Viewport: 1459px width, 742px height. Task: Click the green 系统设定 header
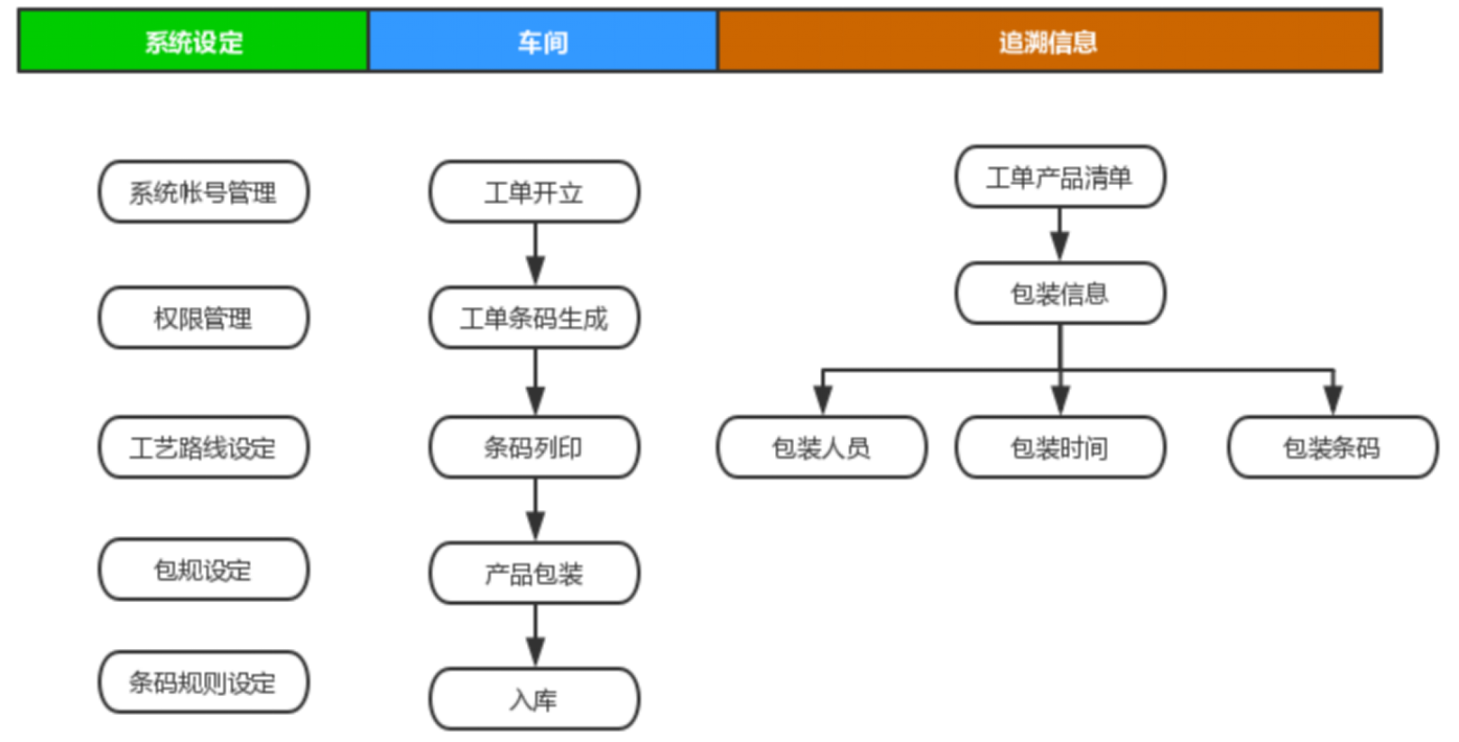(193, 42)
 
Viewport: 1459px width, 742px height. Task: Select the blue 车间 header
(542, 42)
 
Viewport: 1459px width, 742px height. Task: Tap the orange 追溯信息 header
(1048, 42)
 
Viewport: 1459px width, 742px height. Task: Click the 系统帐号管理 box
(203, 191)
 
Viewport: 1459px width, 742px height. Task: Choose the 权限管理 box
(203, 318)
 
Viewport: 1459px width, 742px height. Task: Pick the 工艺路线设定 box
(203, 447)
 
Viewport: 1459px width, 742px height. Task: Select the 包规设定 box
(203, 570)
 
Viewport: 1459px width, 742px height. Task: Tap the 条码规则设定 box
(203, 682)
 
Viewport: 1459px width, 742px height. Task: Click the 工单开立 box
(534, 191)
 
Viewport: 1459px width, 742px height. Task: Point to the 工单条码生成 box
(534, 318)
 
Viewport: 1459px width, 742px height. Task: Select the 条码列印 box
(534, 447)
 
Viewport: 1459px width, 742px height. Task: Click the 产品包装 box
(534, 573)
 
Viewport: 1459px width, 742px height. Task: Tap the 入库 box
(534, 699)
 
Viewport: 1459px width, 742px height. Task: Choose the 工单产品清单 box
(1059, 177)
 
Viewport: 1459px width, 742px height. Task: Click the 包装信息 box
(1059, 293)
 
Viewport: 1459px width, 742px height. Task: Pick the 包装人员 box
(821, 447)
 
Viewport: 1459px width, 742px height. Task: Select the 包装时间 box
(1059, 447)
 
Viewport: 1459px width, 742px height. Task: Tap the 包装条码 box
(1332, 447)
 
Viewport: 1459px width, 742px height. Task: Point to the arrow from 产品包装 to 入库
(535, 636)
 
